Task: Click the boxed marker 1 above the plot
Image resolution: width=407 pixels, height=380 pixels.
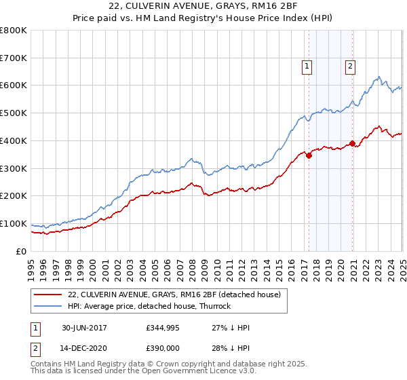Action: click(307, 66)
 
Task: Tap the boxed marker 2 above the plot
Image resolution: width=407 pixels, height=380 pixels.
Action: click(351, 66)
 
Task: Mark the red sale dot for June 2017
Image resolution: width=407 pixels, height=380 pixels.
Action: click(309, 155)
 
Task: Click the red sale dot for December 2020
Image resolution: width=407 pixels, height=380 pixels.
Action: click(352, 143)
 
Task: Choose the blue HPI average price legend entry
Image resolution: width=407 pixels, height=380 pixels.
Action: click(149, 306)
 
